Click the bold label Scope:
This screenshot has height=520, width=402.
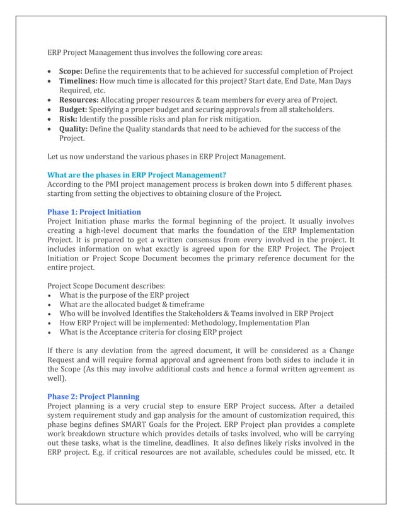click(71, 71)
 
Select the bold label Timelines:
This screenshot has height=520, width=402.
click(78, 81)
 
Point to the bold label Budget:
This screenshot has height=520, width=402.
click(74, 110)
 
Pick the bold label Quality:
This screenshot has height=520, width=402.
click(74, 129)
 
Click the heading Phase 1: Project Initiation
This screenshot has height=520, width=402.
click(95, 212)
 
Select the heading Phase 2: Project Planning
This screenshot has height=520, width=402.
click(94, 397)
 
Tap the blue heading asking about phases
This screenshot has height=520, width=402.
click(137, 175)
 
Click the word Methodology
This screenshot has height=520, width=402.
click(195, 323)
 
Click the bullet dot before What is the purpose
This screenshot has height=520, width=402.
click(50, 295)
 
